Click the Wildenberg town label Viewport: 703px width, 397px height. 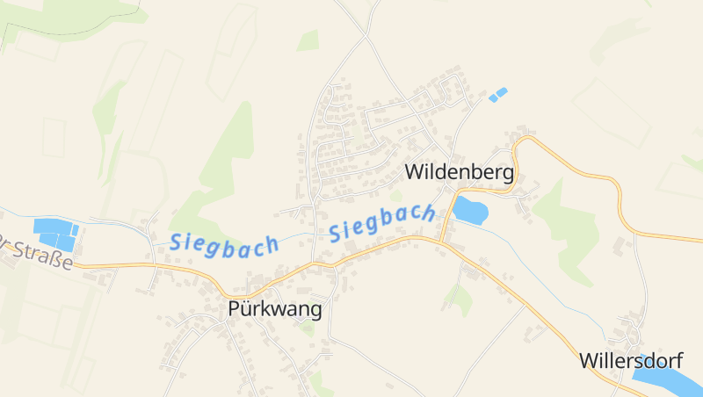[458, 172]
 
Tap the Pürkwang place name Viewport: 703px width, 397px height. [274, 309]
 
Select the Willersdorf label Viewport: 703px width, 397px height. [630, 360]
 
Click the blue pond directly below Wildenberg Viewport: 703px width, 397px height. [469, 211]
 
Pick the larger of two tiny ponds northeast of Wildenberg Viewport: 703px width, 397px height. [501, 91]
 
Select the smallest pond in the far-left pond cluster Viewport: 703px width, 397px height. [75, 231]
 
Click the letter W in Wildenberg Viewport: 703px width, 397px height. [413, 172]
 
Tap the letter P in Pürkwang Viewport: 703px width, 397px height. [234, 309]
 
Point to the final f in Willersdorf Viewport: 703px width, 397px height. [678, 360]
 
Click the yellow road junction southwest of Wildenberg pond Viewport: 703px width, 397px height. [440, 240]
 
